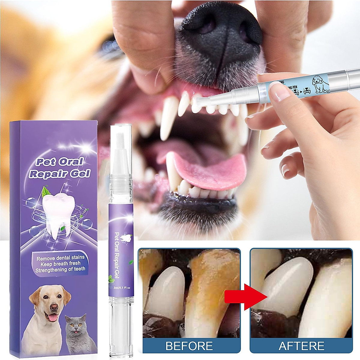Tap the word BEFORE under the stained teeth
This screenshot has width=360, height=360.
coord(189,346)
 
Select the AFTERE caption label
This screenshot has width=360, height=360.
coord(301,346)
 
